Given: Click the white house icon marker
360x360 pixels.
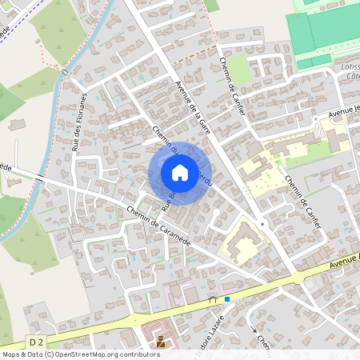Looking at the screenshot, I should (180, 172).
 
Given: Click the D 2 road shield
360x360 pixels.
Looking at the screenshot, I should (34, 342).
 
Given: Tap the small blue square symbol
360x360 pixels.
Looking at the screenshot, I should (227, 299).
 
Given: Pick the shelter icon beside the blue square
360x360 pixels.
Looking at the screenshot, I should (213, 299).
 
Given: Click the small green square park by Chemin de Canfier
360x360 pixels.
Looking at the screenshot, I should (239, 70).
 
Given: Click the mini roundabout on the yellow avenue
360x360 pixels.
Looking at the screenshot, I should (298, 277).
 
